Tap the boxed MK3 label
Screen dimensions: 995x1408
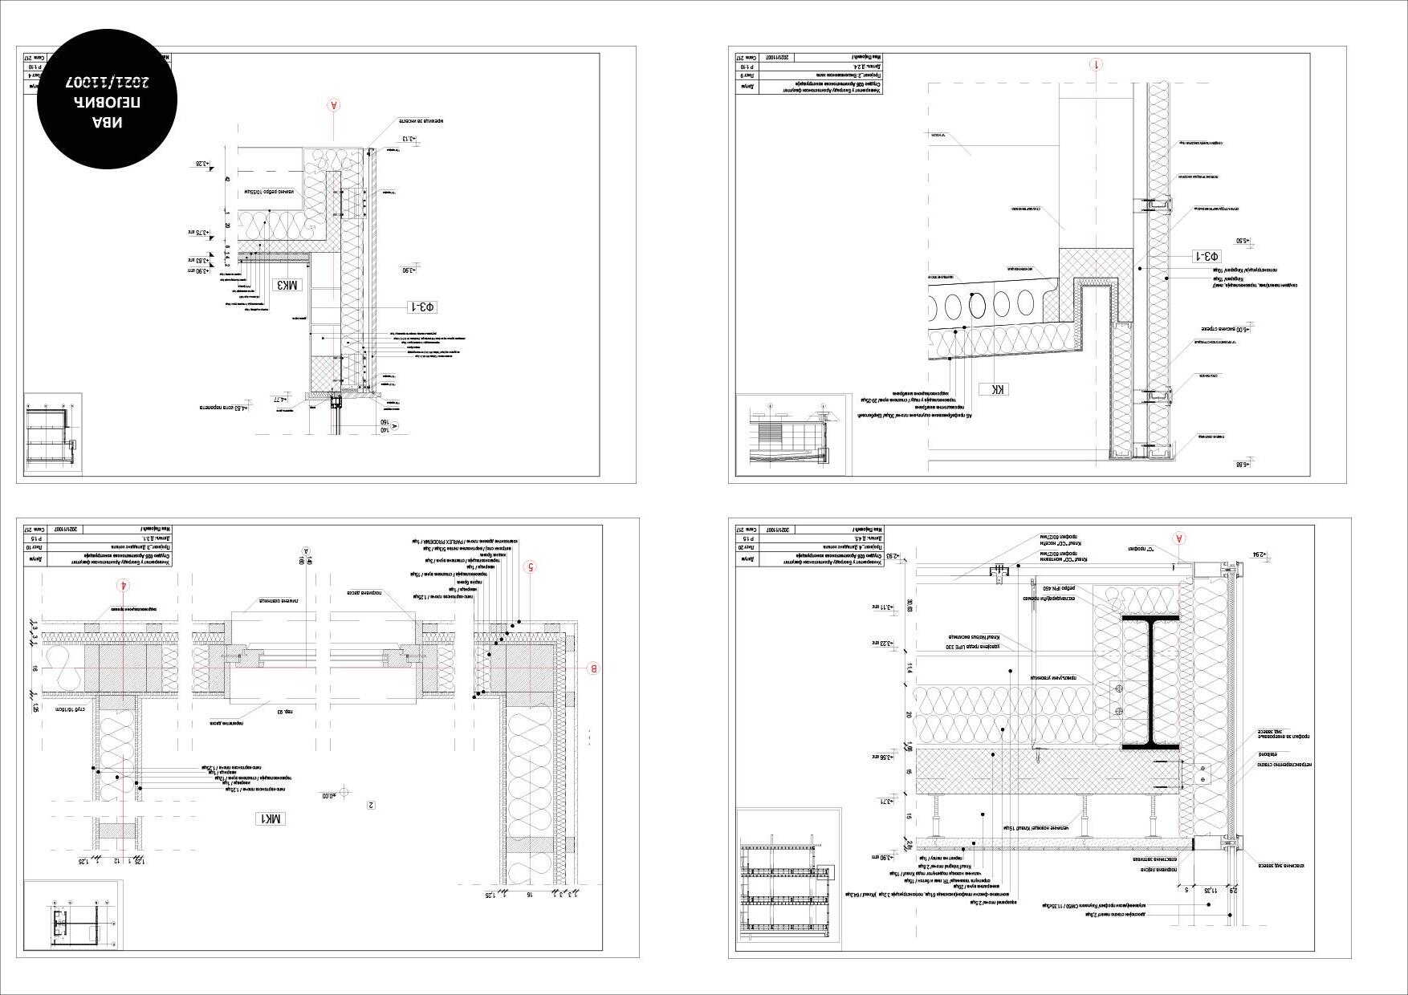tap(288, 285)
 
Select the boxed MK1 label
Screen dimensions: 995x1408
tap(270, 818)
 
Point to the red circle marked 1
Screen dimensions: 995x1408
tap(1097, 65)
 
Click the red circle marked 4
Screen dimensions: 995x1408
tap(123, 585)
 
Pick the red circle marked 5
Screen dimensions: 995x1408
tap(529, 567)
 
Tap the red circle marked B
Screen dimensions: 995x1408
tap(594, 668)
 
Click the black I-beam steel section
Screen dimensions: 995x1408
tap(1150, 682)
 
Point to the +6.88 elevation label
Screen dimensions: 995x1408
tap(1243, 465)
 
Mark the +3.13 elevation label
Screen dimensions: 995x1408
tap(409, 139)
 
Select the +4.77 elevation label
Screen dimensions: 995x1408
tap(280, 399)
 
